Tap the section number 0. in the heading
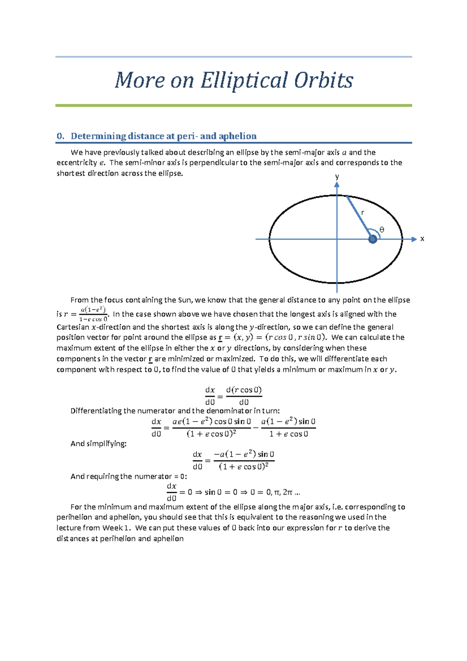coord(60,136)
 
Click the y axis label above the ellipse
coord(337,176)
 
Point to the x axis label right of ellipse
coord(422,239)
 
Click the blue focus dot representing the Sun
coord(373,239)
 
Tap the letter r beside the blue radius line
coord(362,213)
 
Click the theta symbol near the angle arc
coord(382,230)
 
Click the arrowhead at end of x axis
coord(414,239)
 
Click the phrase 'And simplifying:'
coord(98,444)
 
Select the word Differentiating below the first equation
coord(96,411)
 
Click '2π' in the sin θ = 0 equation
coord(288,492)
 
